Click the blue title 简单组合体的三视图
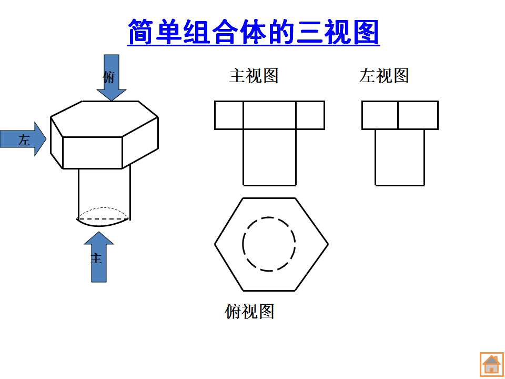254,32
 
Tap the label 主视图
254,76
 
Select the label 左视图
384,76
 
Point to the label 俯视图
249,311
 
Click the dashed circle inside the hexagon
243,244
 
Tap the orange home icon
491,364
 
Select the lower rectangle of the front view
269,157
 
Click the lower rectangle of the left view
400,157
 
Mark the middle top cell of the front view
269,115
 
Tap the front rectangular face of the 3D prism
93,153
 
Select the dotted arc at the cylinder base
104,208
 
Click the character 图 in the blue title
366,32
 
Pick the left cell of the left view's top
380,115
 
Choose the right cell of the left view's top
418,115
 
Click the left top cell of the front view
229,115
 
